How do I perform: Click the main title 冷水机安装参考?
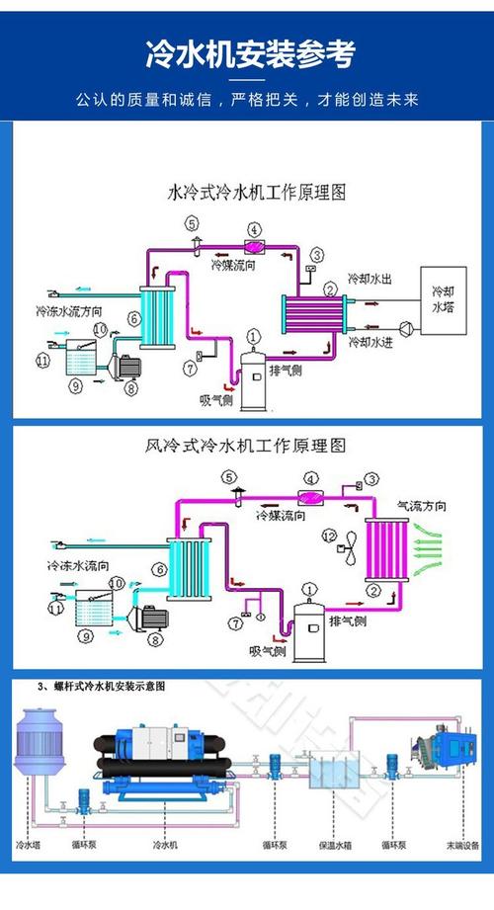pos(247,53)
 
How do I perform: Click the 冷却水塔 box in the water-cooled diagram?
pos(445,302)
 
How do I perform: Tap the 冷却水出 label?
pos(370,281)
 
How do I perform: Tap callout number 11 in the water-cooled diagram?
pos(41,361)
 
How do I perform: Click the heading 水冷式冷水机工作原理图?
pos(258,191)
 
